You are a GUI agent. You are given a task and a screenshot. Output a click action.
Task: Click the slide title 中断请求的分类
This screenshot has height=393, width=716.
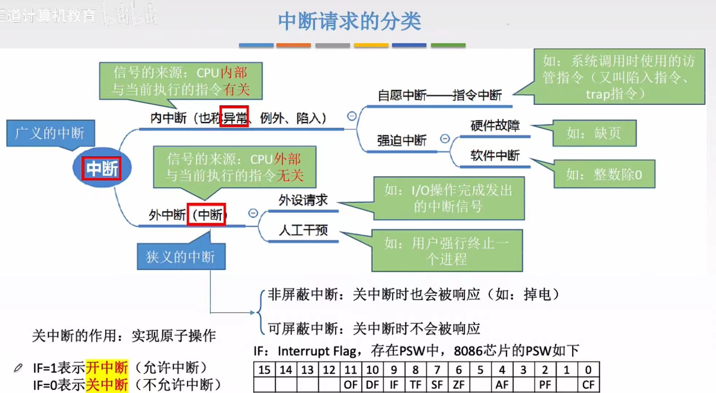(349, 21)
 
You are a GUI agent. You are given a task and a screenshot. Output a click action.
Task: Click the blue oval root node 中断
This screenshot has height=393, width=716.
(102, 168)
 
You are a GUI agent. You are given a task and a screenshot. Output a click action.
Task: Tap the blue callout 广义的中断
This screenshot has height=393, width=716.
(50, 133)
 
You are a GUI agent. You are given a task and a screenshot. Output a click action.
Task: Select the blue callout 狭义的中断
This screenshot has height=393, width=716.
(181, 257)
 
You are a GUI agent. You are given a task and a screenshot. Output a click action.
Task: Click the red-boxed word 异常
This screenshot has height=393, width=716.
(234, 117)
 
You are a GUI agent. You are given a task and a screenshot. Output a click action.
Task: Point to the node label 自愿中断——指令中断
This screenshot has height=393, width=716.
(440, 95)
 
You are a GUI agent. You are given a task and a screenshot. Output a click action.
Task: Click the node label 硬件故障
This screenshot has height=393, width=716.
(495, 126)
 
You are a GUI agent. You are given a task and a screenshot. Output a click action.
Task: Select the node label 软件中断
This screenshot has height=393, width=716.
(495, 156)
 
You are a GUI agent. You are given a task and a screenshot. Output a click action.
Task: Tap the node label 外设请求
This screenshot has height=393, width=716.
(303, 200)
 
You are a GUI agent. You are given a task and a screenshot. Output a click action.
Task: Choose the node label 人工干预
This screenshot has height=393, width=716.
(303, 230)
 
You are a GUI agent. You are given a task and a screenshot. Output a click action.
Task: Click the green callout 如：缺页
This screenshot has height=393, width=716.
(594, 133)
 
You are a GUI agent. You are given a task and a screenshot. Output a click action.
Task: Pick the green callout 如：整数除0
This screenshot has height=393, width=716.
(604, 174)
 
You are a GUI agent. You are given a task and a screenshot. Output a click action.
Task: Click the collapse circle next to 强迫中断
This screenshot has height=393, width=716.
(445, 139)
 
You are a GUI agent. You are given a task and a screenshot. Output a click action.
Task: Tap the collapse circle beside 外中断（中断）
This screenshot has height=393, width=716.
(253, 213)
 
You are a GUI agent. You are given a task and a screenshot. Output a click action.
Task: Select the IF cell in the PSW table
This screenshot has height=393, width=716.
(394, 385)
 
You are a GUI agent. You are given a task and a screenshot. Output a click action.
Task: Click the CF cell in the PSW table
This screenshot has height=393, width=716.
(588, 385)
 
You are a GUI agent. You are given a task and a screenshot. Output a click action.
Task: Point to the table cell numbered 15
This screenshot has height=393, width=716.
(264, 370)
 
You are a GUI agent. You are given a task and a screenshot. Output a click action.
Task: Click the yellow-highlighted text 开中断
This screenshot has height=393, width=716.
(107, 368)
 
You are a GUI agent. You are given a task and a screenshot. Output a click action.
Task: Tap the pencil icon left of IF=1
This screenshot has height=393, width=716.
(18, 368)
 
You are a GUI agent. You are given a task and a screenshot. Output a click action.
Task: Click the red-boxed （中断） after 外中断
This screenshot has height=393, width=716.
(206, 215)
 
